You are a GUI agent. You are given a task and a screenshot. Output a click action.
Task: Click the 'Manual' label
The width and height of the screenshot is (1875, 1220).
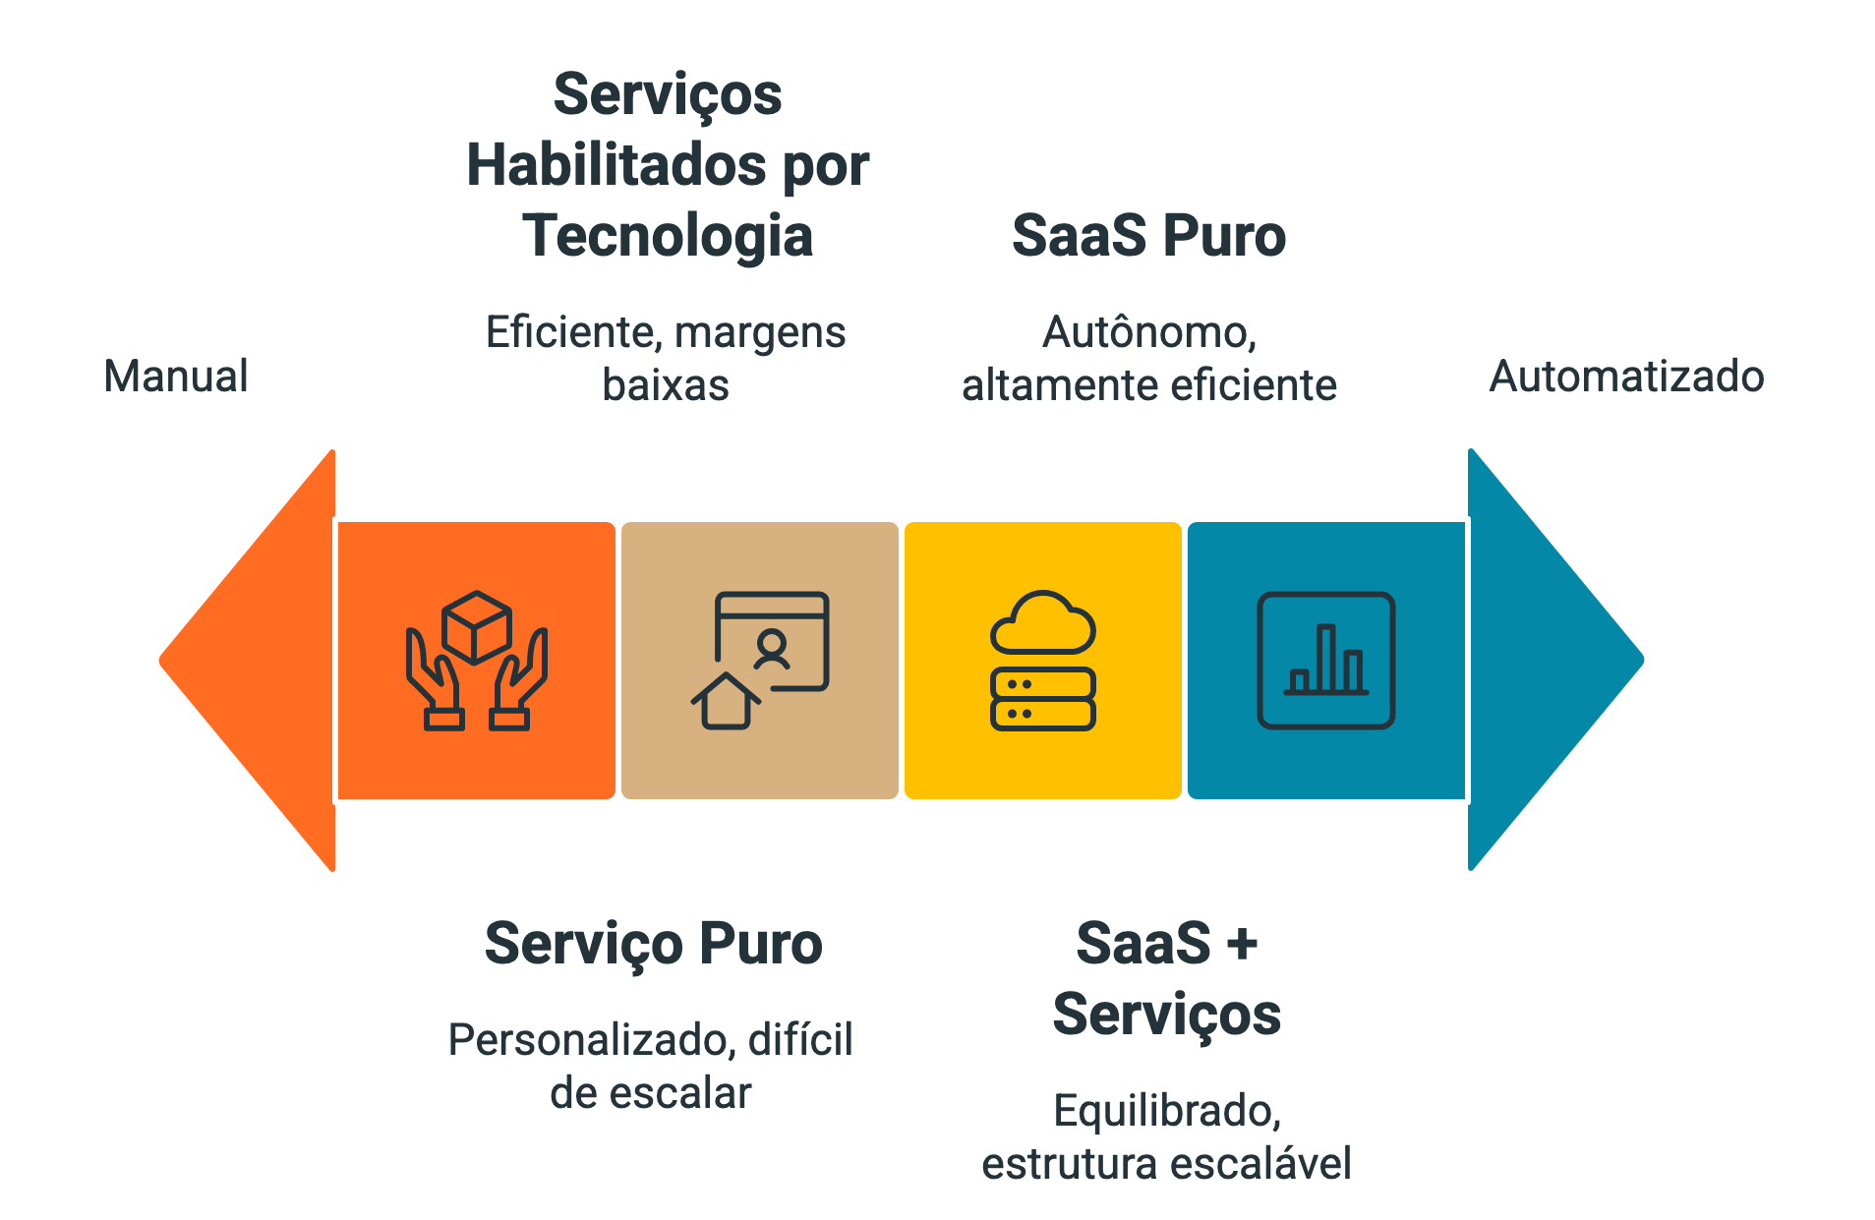pyautogui.click(x=176, y=376)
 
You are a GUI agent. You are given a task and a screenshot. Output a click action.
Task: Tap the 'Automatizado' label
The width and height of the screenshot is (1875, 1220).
pyautogui.click(x=1626, y=376)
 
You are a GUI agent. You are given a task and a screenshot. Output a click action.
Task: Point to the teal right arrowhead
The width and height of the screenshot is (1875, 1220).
pyautogui.click(x=1549, y=660)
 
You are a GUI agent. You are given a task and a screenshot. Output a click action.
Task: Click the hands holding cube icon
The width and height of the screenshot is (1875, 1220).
pyautogui.click(x=477, y=661)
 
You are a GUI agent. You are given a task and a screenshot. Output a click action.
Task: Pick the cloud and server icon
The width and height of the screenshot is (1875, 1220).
pyautogui.click(x=1042, y=661)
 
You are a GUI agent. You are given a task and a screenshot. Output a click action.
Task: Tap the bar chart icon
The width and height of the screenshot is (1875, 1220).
pyautogui.click(x=1325, y=661)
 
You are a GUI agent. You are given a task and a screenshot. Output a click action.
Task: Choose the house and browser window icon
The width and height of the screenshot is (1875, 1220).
pyautogui.click(x=760, y=661)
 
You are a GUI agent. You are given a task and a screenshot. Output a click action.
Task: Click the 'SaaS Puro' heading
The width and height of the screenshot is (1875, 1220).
pyautogui.click(x=1148, y=236)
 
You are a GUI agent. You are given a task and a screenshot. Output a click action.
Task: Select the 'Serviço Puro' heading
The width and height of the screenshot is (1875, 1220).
pyautogui.click(x=653, y=944)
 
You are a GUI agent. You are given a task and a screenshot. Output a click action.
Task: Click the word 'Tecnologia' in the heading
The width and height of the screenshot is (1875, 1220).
pyautogui.click(x=668, y=236)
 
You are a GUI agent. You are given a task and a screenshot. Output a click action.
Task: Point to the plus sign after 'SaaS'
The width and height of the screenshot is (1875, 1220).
pyautogui.click(x=1242, y=945)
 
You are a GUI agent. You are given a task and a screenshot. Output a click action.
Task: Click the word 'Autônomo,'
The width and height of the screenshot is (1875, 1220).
pyautogui.click(x=1148, y=332)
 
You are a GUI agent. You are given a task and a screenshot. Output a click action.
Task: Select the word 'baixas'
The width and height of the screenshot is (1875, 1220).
pyautogui.click(x=666, y=385)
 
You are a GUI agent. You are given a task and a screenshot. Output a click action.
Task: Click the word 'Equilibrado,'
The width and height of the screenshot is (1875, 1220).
pyautogui.click(x=1166, y=1111)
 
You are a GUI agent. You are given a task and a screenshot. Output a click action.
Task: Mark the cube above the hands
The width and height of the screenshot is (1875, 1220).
pyautogui.click(x=477, y=625)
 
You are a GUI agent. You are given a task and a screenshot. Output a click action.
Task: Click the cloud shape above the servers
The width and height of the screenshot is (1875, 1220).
pyautogui.click(x=1042, y=623)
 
